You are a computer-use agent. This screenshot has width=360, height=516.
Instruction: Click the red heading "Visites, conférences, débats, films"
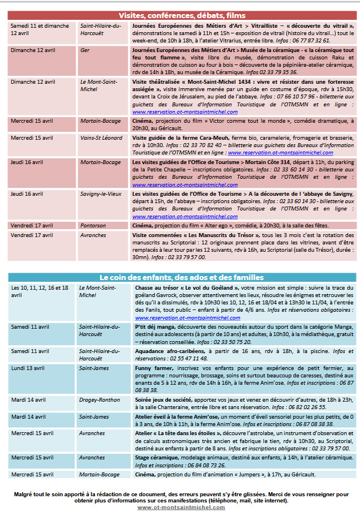coord(182,15)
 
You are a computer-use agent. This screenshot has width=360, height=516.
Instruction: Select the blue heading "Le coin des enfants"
coord(181,278)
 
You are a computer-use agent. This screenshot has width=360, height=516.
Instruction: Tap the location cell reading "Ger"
coord(84,50)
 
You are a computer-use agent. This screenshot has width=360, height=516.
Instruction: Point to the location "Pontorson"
coord(93,225)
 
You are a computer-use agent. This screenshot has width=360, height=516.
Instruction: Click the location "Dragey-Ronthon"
coord(99,400)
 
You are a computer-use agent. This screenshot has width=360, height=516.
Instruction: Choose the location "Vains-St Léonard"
coord(101,137)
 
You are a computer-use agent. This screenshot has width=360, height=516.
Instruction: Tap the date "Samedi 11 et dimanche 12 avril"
coord(40,29)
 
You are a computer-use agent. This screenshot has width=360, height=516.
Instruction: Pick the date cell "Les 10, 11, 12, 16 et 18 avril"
coord(40,291)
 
